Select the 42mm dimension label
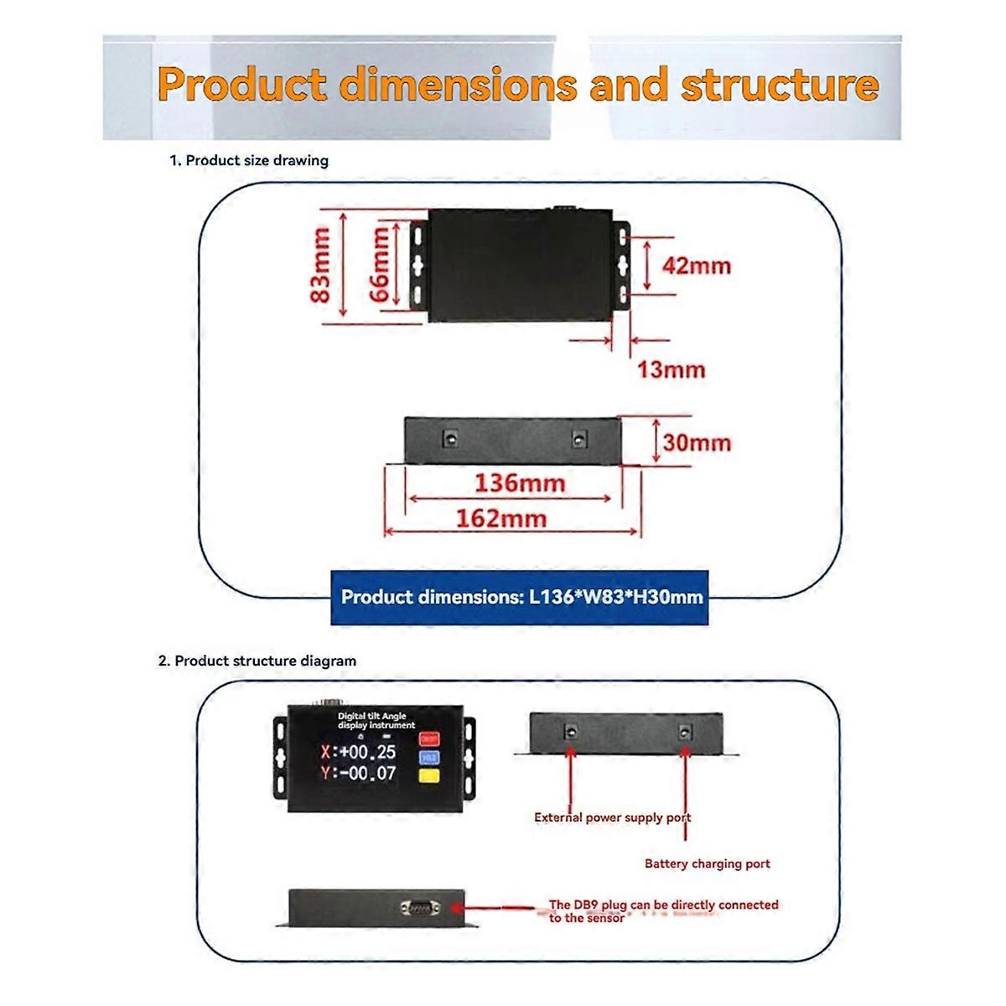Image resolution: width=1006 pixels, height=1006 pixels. pyautogui.click(x=697, y=266)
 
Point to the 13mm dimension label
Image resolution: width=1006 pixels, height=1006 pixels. pyautogui.click(x=672, y=369)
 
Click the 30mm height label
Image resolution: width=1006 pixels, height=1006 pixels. pyautogui.click(x=697, y=442)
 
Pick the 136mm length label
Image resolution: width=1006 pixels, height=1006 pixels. pyautogui.click(x=520, y=483)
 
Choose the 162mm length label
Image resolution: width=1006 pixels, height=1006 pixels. pyautogui.click(x=500, y=518)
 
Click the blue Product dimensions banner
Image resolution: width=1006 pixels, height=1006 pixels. pyautogui.click(x=520, y=598)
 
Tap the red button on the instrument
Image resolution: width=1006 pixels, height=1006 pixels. pyautogui.click(x=429, y=739)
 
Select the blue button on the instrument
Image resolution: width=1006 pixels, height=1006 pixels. pyautogui.click(x=429, y=757)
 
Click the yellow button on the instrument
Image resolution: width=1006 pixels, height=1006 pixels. pyautogui.click(x=429, y=776)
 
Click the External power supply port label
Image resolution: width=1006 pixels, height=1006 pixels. pyautogui.click(x=613, y=817)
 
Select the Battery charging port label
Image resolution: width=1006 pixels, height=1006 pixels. pyautogui.click(x=707, y=863)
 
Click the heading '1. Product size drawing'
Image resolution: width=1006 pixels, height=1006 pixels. pyautogui.click(x=249, y=160)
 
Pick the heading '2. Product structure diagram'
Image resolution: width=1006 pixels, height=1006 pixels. pyautogui.click(x=257, y=661)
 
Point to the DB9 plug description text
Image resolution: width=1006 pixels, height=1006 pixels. pyautogui.click(x=663, y=911)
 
